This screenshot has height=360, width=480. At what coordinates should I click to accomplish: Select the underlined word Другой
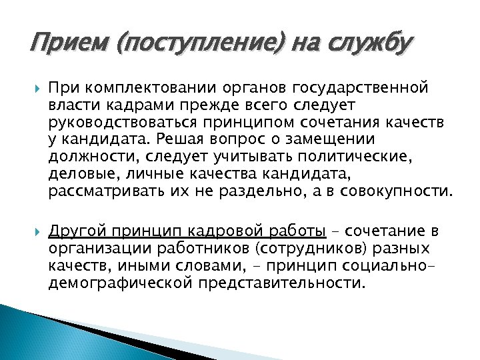73,231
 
